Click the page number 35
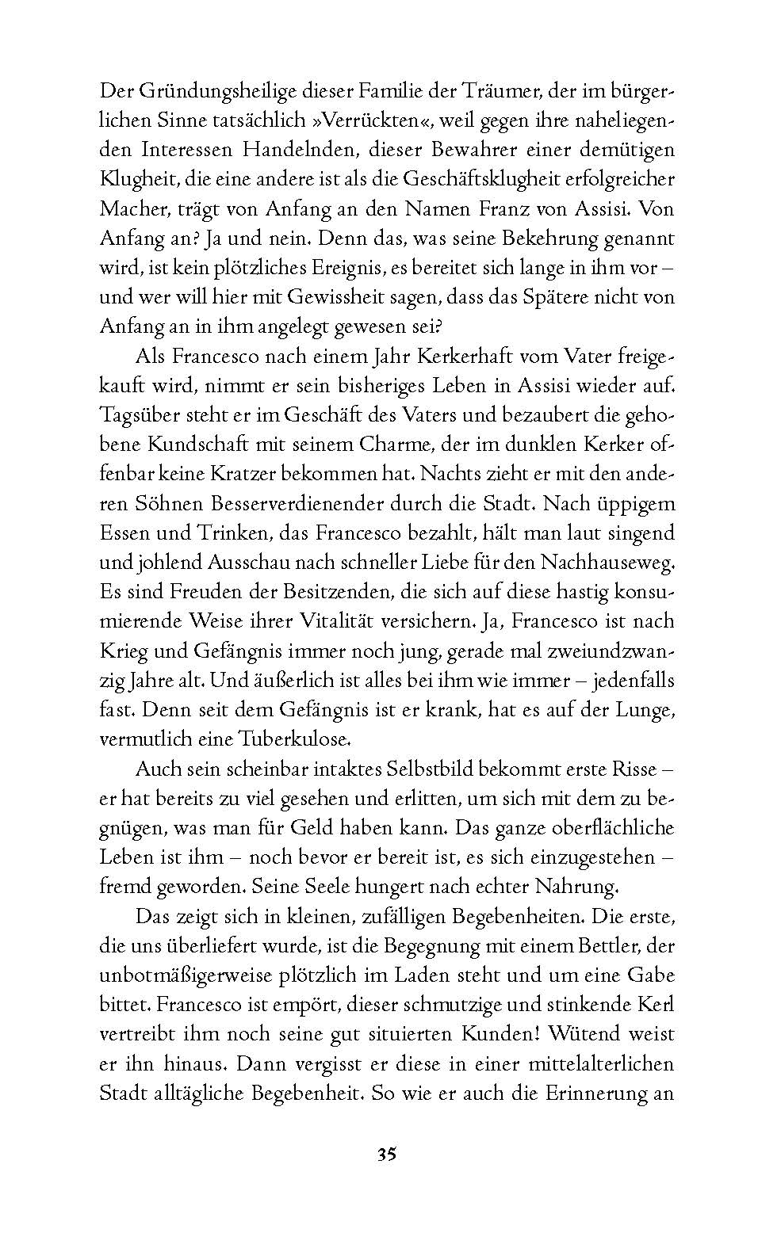coord(386,1154)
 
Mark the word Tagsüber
coord(140,414)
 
